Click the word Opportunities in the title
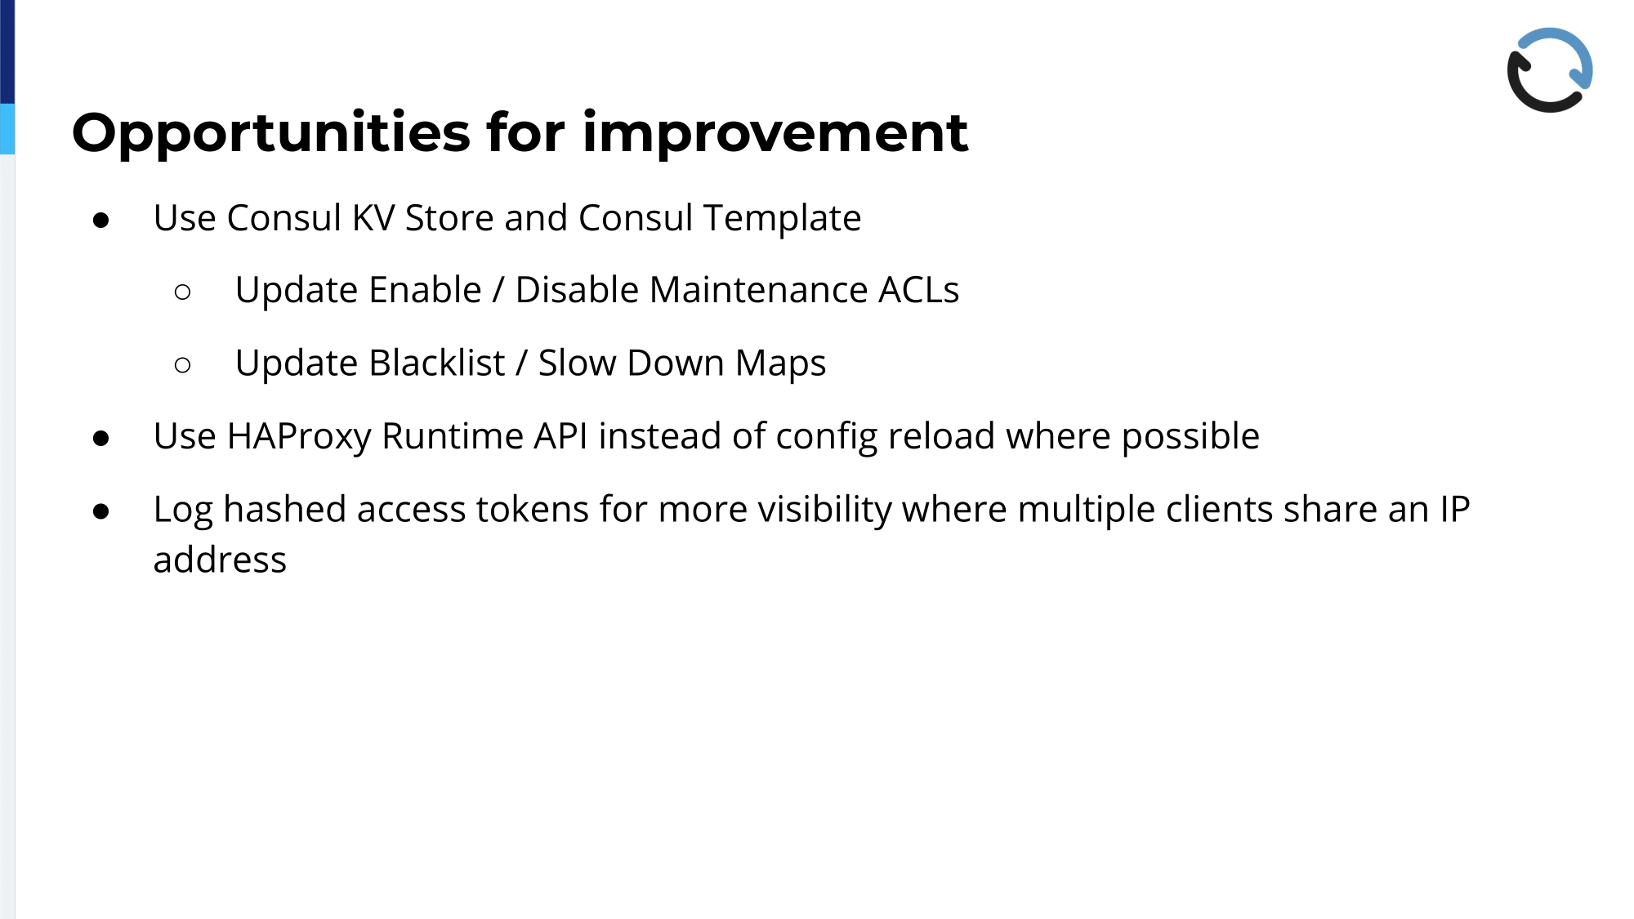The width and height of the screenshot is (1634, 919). (271, 133)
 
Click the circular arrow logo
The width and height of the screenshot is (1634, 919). (1550, 70)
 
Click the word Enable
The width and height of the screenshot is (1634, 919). (426, 290)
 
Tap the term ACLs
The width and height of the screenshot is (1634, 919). (918, 290)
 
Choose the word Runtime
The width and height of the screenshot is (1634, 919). (453, 436)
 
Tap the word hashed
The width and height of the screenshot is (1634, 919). (284, 509)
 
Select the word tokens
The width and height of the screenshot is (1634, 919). (532, 510)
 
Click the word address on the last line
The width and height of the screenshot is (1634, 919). (220, 560)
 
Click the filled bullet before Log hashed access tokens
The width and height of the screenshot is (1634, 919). (101, 511)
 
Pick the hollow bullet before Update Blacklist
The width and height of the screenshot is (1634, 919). (183, 364)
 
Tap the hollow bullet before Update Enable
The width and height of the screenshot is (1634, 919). (183, 292)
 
